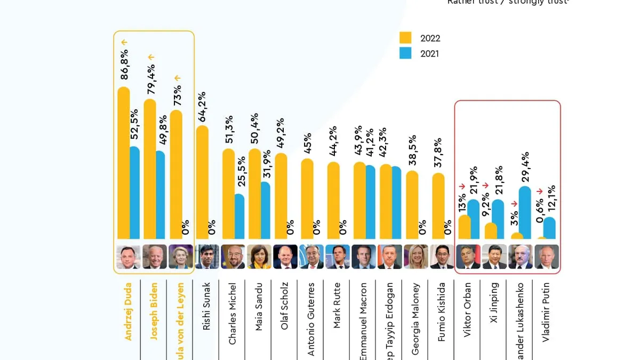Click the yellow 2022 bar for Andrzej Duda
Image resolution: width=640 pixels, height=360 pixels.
(x=123, y=163)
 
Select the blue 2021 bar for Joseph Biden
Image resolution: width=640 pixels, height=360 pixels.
(x=160, y=195)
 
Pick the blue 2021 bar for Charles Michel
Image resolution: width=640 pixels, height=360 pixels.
(x=239, y=216)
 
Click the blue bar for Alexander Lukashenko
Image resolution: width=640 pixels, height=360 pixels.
(x=525, y=212)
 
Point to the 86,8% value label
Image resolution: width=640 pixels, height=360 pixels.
(x=124, y=65)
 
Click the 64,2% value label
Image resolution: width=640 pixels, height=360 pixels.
(x=202, y=107)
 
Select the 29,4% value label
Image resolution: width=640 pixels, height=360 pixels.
(x=525, y=166)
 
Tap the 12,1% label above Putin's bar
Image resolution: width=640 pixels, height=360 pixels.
(x=551, y=198)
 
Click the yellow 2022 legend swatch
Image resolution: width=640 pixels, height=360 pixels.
(x=405, y=38)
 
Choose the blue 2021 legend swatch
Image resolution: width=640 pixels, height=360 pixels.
(x=405, y=53)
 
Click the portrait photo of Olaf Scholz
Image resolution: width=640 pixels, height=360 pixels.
(x=285, y=257)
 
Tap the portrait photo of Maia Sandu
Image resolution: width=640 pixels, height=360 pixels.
(x=259, y=257)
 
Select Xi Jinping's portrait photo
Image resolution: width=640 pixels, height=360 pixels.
(x=494, y=257)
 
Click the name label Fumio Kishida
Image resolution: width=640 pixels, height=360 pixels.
(x=442, y=312)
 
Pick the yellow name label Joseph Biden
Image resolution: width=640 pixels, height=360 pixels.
(x=154, y=311)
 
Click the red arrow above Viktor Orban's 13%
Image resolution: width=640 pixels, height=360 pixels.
(x=462, y=187)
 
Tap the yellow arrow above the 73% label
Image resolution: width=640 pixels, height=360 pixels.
(x=177, y=78)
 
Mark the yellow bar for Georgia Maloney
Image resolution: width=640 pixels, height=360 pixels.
(x=412, y=205)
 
